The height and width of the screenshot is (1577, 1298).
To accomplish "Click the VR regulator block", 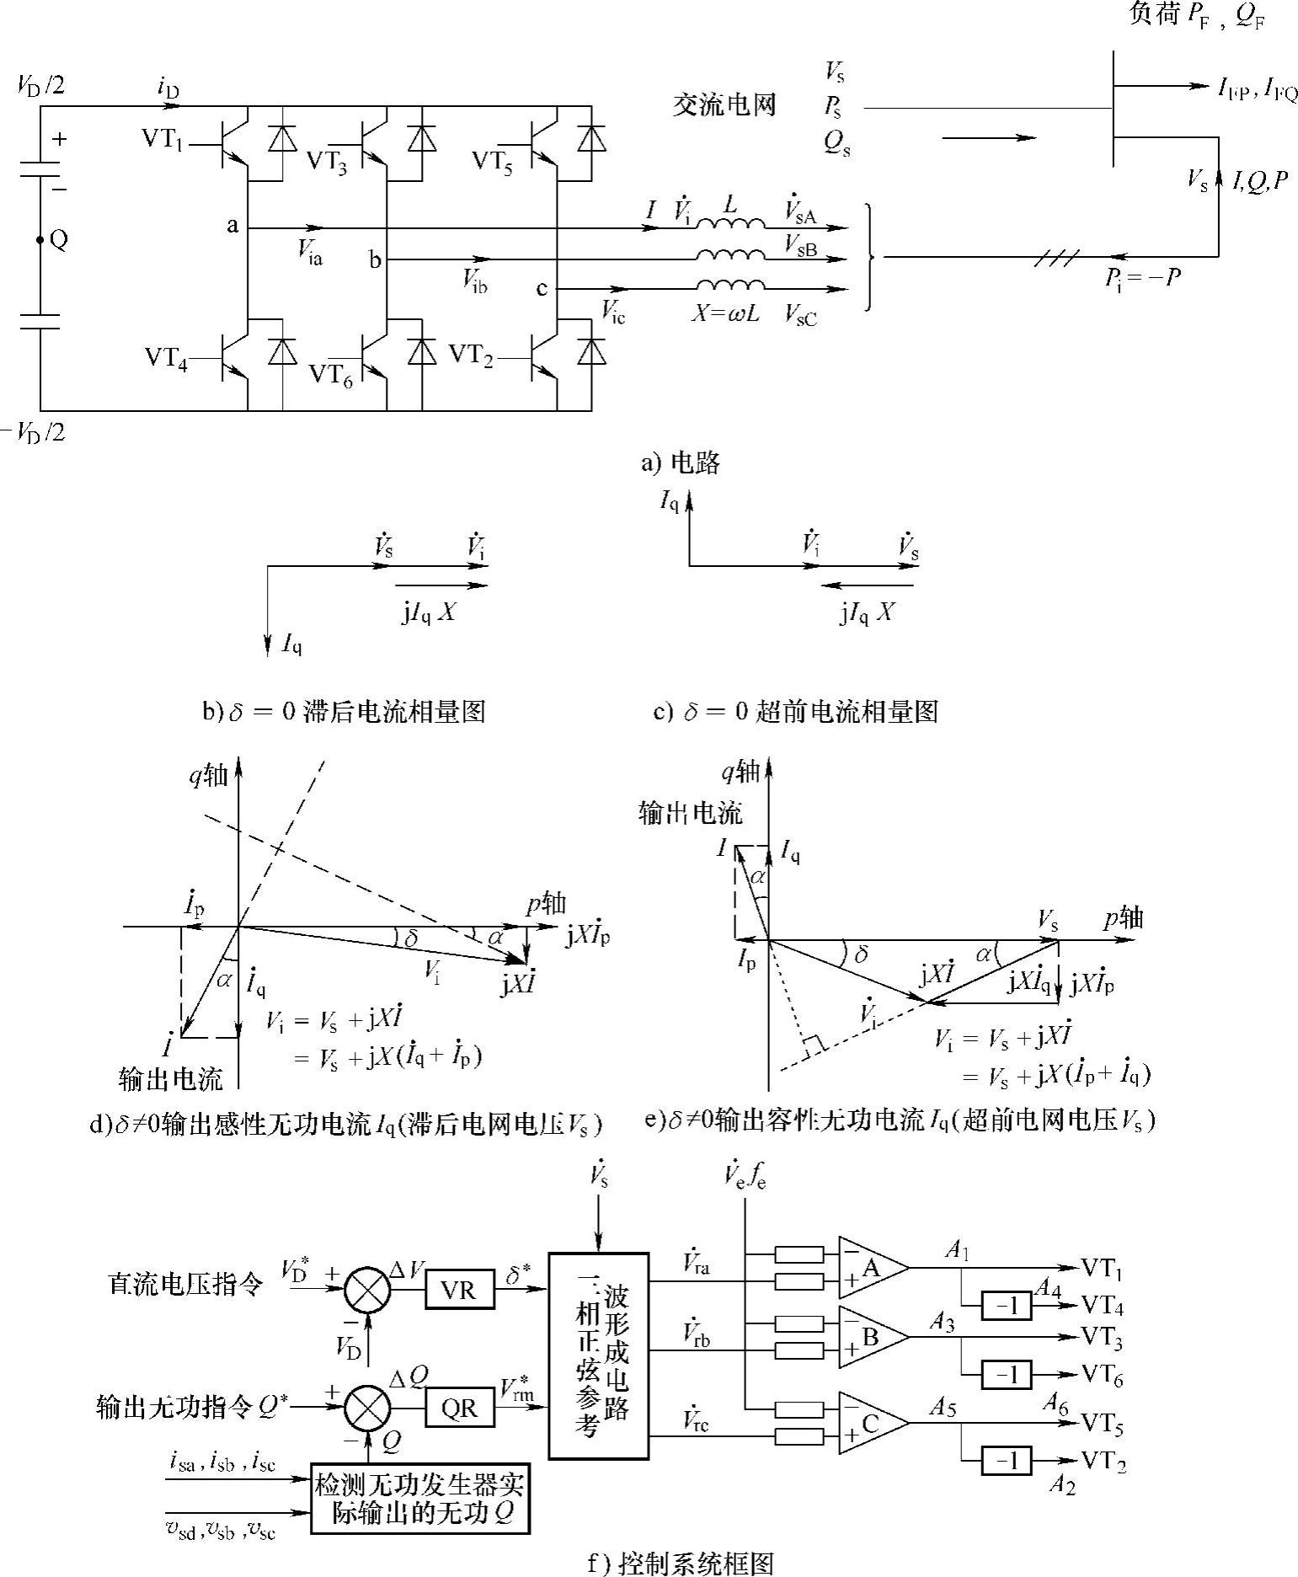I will [459, 1291].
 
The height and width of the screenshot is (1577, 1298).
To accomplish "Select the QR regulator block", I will [459, 1409].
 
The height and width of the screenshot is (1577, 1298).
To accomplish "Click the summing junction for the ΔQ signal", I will [367, 1409].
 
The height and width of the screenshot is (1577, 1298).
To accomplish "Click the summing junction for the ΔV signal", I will [367, 1291].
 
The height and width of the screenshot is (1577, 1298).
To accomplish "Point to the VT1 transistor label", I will [163, 139].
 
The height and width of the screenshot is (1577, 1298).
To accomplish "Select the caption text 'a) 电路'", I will [681, 462].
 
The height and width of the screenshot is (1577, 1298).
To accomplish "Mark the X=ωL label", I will [725, 313].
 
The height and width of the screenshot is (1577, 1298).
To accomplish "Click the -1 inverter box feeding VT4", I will [1006, 1307].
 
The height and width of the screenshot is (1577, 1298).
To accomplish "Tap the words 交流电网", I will [724, 104].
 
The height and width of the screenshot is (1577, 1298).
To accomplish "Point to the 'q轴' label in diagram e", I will [741, 772].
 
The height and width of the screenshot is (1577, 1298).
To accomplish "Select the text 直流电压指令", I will [185, 1284].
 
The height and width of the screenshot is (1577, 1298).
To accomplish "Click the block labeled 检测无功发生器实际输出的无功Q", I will [422, 1497].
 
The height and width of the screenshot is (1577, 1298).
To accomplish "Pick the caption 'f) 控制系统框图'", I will [679, 1564].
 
